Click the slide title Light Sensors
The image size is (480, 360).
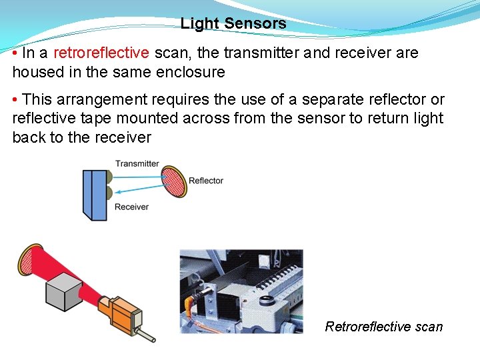tap(233, 24)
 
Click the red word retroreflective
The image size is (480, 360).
tap(101, 53)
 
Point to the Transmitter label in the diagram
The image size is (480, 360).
tap(137, 163)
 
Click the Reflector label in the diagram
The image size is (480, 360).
tap(206, 181)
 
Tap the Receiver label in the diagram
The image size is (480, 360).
tap(131, 207)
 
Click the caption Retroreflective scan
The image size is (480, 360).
tap(383, 327)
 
